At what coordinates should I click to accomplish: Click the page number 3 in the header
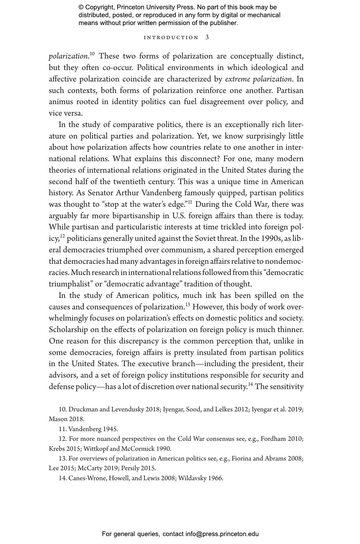click(207, 37)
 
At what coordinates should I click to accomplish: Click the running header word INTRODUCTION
click(171, 38)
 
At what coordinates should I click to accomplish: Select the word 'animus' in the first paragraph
click(61, 102)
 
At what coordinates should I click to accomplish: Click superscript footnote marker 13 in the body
click(187, 304)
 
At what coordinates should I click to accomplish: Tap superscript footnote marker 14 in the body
click(250, 384)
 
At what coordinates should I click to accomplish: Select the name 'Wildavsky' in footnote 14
click(192, 478)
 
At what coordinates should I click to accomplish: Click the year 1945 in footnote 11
click(110, 429)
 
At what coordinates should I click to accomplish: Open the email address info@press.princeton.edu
click(222, 534)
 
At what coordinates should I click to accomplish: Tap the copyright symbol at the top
click(81, 7)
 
